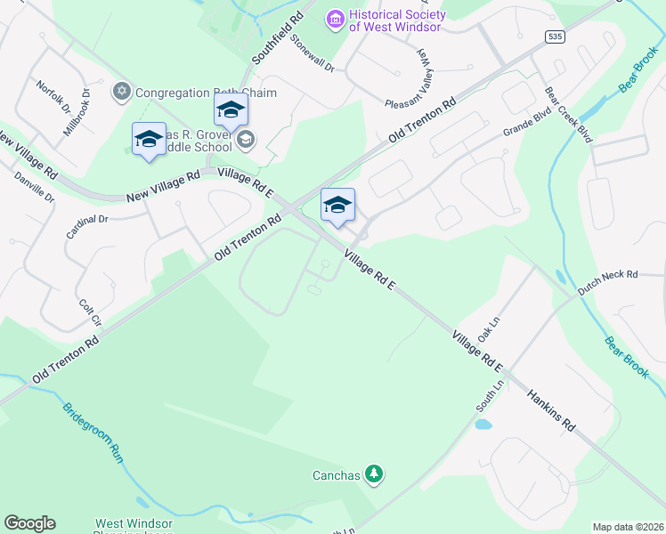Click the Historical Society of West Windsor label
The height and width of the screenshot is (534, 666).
[x=395, y=20]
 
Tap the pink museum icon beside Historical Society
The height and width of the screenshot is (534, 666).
[x=335, y=18]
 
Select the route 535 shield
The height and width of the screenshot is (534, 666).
[x=556, y=36]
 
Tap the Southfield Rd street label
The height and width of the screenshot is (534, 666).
[x=276, y=37]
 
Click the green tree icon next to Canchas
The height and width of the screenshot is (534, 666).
[x=375, y=474]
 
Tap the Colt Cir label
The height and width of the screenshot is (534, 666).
[x=91, y=311]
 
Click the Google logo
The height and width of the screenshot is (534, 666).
[x=29, y=523]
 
